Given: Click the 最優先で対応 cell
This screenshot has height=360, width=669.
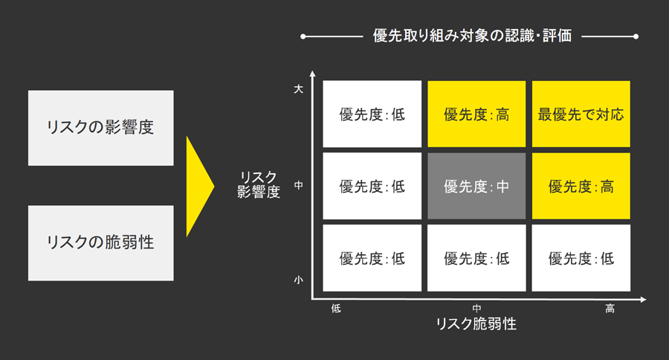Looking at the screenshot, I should [x=581, y=115].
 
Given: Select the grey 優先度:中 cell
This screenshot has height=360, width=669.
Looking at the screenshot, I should [x=476, y=186].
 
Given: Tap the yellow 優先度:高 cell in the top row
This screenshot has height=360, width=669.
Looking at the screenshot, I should [x=476, y=115].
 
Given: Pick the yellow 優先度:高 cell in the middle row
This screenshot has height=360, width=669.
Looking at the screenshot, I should [x=581, y=186].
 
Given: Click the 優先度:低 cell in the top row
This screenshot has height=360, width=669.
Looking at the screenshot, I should [x=372, y=115].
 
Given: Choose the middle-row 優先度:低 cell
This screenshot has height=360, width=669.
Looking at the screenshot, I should [x=372, y=186].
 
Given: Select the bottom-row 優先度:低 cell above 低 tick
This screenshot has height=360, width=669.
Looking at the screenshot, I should [x=372, y=258].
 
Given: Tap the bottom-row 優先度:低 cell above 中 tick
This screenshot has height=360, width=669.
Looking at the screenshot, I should [x=476, y=258].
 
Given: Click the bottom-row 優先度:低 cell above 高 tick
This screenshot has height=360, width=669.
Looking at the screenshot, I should [x=581, y=258].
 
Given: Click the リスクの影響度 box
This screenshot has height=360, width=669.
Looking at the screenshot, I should [x=100, y=127].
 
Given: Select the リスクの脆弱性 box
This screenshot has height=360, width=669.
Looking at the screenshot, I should [x=100, y=242].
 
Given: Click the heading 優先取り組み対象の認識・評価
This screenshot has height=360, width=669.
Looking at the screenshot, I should [x=472, y=36].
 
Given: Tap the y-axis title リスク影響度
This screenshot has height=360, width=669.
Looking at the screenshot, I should [x=259, y=184].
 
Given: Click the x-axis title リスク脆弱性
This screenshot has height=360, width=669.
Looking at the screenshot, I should [x=476, y=324].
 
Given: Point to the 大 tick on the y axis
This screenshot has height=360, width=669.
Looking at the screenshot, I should [x=298, y=89].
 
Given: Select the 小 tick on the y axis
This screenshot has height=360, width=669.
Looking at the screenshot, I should [x=298, y=280].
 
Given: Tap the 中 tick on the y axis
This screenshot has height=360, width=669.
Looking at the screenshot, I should [x=298, y=184].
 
